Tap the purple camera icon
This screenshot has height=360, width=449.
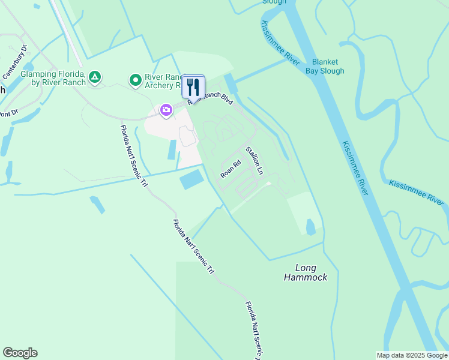coord(166,110)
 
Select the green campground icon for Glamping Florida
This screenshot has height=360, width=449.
coord(94,77)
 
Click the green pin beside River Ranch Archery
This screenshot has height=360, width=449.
coord(136,79)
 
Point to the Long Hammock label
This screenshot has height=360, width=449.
coord(306,272)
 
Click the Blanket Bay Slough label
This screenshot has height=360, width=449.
coord(328,67)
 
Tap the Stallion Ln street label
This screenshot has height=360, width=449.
coord(255,161)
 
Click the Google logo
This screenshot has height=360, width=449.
coord(20,353)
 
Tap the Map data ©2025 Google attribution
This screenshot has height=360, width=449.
coord(412,355)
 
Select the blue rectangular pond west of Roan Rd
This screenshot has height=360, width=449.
coord(191,179)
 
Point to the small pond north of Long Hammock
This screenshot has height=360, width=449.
coord(310,227)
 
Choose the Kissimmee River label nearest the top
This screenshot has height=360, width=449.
coord(279,40)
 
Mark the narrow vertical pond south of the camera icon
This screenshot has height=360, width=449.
coord(172,149)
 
